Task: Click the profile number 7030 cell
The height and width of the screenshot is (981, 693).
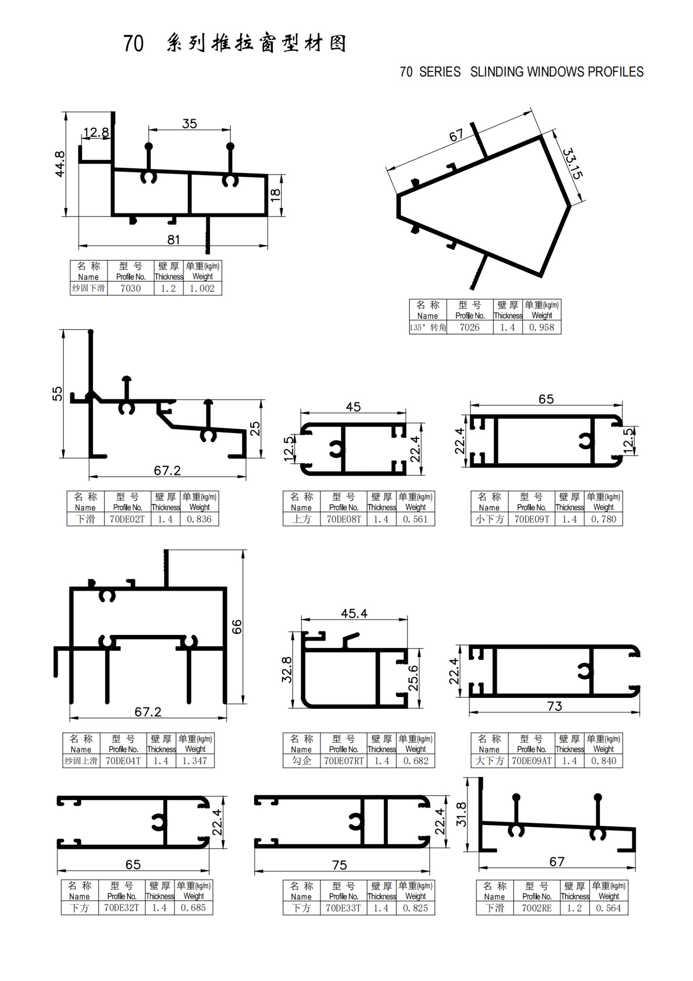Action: (x=131, y=289)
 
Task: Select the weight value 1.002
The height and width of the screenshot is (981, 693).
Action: (x=202, y=289)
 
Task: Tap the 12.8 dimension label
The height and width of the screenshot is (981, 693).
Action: (x=96, y=133)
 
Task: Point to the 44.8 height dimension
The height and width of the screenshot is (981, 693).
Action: (x=60, y=164)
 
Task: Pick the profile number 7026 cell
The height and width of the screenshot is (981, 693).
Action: (x=470, y=327)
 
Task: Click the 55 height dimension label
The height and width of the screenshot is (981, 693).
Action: (x=57, y=393)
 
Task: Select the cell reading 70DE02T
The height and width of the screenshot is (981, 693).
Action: (x=127, y=519)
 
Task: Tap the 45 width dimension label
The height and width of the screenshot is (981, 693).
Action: (x=353, y=407)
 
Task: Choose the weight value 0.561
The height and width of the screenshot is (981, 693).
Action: (x=415, y=519)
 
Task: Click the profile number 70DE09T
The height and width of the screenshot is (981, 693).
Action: (x=532, y=519)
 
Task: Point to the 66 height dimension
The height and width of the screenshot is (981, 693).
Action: (x=236, y=626)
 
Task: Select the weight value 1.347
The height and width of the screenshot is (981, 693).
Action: (x=195, y=761)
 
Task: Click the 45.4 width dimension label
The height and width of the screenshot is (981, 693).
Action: (x=354, y=614)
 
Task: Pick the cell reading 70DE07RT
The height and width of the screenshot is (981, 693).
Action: (x=344, y=761)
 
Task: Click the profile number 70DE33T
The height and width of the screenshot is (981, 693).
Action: (x=344, y=908)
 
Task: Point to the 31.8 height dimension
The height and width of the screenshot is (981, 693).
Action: (x=462, y=814)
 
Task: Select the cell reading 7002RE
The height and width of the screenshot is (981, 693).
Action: (x=537, y=908)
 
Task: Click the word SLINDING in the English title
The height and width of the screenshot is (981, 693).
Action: (x=498, y=72)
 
